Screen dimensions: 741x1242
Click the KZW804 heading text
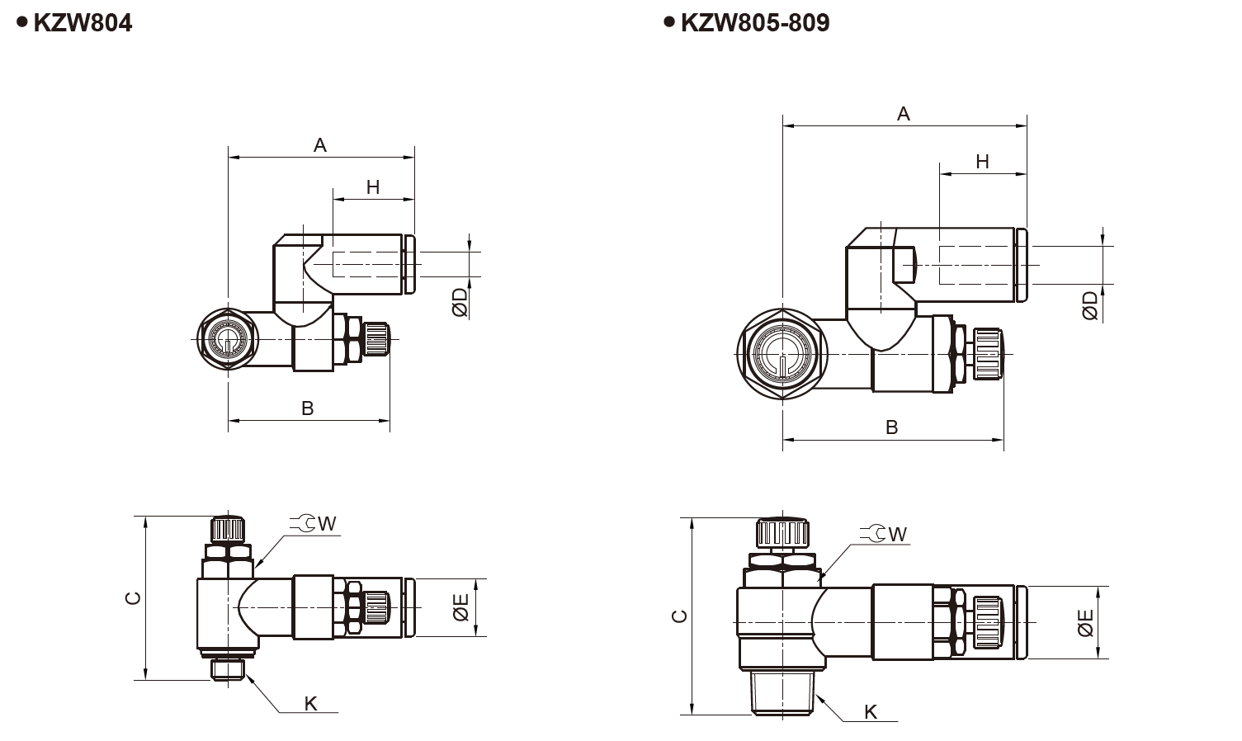point(82,22)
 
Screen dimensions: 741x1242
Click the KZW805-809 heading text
point(754,22)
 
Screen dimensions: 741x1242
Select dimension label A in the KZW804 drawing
point(320,146)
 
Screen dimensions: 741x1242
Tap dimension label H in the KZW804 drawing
point(373,187)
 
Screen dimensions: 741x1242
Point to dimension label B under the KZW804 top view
point(308,408)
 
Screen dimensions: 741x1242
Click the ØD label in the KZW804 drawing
point(460,302)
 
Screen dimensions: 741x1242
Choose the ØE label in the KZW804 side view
point(460,608)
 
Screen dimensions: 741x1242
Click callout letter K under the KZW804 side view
point(310,703)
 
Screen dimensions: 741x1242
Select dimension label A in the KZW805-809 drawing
point(904,114)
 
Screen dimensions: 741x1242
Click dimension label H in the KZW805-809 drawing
point(982,162)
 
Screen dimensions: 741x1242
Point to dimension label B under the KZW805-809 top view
point(892,427)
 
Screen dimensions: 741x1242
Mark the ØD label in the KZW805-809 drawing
point(1090,305)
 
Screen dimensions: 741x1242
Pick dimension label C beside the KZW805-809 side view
point(679,616)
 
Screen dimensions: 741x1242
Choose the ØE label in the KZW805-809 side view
point(1085,623)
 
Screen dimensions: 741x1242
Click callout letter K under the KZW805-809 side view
point(871,712)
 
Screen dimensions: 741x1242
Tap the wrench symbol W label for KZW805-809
point(885,534)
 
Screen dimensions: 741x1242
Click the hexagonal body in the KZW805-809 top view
point(782,354)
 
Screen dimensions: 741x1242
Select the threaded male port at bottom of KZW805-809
point(782,692)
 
